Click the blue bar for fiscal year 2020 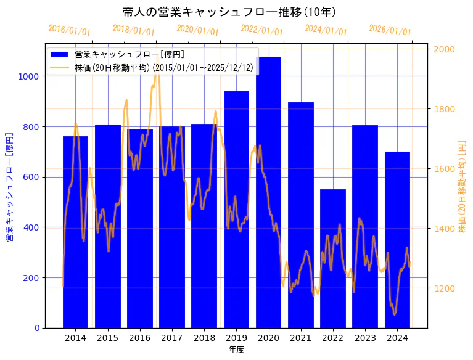[268, 192]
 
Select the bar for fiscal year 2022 [332, 258]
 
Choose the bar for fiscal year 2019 [236, 209]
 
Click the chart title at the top [229, 12]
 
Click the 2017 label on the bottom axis [171, 338]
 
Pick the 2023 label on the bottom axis [364, 338]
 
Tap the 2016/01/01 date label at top [69, 30]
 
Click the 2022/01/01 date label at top [261, 30]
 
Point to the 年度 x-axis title [236, 350]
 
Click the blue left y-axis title [9, 186]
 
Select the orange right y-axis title [462, 186]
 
